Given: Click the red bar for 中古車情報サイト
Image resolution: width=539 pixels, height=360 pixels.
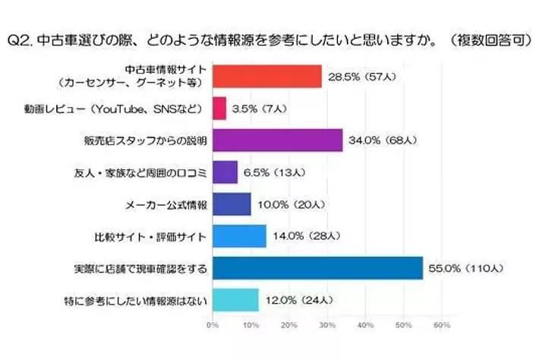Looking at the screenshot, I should [266, 76].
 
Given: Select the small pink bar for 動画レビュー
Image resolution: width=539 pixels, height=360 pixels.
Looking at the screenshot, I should [219, 109].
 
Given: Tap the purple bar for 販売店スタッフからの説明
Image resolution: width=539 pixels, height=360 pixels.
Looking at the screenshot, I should [277, 141].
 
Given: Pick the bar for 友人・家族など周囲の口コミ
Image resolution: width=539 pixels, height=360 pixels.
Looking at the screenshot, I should [224, 172].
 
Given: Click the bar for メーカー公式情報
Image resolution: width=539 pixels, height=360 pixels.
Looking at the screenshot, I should [231, 204].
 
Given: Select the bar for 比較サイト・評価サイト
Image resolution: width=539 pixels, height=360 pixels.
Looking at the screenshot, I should [238, 236].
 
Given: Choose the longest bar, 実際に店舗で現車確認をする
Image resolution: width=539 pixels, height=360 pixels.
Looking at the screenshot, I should [317, 268].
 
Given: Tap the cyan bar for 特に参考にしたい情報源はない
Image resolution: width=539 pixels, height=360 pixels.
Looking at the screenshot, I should [235, 300].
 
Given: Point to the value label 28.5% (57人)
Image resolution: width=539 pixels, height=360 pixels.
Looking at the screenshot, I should [357, 77].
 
